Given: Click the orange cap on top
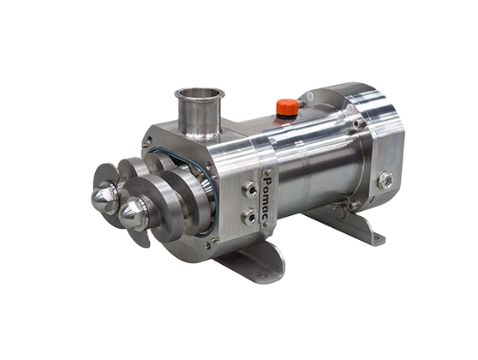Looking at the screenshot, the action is (x=287, y=106).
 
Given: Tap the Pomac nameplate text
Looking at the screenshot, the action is (x=267, y=199).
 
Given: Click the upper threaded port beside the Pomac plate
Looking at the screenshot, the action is (x=250, y=190).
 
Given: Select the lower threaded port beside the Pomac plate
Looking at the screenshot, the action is (x=250, y=216).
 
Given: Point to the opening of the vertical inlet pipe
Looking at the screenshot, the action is (x=200, y=93).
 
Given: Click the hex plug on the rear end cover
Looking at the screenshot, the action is (x=385, y=180).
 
